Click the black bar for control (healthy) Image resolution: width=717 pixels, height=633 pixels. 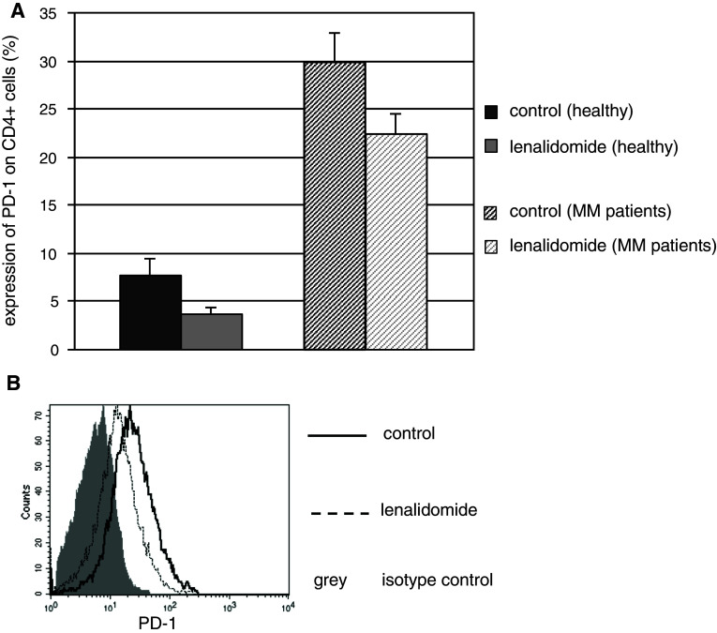pos(150,312)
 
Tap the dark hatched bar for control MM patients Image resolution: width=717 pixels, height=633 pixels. pos(335,205)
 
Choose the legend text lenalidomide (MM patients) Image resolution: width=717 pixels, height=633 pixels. pos(613,246)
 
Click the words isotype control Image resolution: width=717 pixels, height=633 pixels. pos(437,581)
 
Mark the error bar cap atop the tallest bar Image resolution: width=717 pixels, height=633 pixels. pos(335,33)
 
